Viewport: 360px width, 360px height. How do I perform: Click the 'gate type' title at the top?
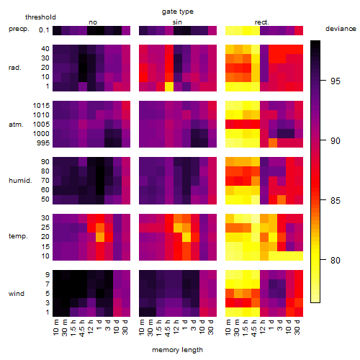click(x=178, y=12)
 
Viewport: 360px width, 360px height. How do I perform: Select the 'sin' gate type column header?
click(x=177, y=22)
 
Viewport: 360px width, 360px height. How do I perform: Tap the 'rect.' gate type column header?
click(x=262, y=22)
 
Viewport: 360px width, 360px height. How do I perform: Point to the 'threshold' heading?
click(x=40, y=17)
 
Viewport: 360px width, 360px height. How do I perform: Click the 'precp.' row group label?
click(x=19, y=29)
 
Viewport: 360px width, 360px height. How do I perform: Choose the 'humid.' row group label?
click(x=20, y=181)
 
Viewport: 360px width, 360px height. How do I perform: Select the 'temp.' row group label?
click(x=18, y=236)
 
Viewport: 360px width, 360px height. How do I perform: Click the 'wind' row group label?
click(x=17, y=294)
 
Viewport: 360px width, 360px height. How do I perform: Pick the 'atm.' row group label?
click(x=16, y=125)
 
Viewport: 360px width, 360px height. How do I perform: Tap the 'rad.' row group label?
click(x=15, y=68)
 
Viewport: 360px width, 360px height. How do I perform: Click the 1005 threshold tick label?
click(x=41, y=125)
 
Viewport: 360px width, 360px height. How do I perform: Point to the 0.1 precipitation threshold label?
click(x=44, y=30)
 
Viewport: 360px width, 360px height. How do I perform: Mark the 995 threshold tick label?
click(x=43, y=143)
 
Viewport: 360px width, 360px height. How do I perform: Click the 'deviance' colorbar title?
click(x=341, y=29)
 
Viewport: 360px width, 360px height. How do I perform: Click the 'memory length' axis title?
click(x=178, y=350)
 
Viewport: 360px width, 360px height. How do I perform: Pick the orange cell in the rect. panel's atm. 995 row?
click(x=273, y=143)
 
